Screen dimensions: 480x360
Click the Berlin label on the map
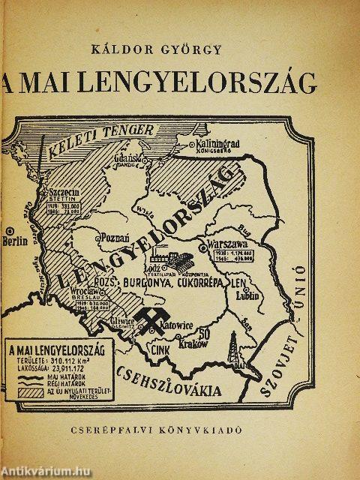tap(14, 241)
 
